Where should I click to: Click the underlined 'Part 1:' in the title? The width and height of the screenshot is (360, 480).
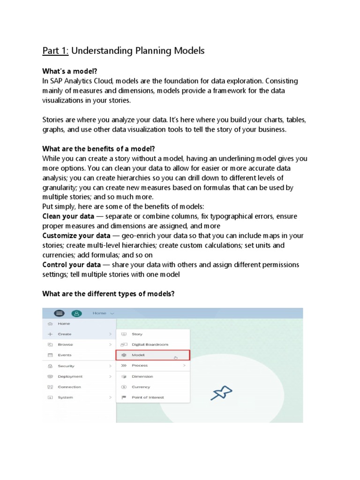[55, 51]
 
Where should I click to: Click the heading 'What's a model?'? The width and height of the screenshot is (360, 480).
[70, 71]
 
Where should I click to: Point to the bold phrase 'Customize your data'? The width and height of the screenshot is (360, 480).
[76, 235]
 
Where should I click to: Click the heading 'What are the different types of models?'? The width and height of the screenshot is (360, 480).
[109, 294]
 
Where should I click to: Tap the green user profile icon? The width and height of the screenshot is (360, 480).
[75, 313]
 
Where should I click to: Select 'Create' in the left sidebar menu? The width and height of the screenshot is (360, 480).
[64, 334]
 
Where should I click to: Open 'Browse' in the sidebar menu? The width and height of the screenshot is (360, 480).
[65, 345]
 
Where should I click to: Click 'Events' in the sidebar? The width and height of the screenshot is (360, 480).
[65, 355]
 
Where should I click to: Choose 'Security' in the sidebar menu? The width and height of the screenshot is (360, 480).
[66, 366]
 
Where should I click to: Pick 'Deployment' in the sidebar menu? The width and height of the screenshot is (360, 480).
[70, 376]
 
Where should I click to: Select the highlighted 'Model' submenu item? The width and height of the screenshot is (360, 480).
[139, 355]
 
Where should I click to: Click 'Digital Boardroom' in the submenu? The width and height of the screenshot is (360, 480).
[150, 345]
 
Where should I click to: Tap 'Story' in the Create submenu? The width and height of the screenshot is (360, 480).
[137, 334]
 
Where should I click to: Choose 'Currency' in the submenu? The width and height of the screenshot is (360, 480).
[141, 387]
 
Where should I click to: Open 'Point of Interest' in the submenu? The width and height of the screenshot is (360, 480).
[148, 397]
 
